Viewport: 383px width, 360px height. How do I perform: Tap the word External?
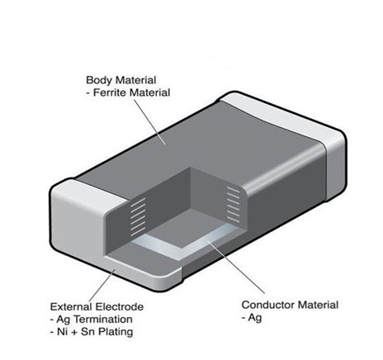[71, 306]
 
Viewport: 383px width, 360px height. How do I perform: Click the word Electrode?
[119, 306]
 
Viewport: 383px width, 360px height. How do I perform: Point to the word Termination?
[103, 320]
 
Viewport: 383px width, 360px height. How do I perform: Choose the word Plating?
[116, 332]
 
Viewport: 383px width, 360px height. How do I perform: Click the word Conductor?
[268, 305]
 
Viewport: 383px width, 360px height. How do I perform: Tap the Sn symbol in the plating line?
[87, 332]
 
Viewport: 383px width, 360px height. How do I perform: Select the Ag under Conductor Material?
[254, 318]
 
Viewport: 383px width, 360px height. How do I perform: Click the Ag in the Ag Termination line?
[64, 320]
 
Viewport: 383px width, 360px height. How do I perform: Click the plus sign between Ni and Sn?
[73, 332]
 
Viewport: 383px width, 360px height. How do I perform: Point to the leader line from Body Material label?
[149, 122]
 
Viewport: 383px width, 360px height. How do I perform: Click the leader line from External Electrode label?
[102, 286]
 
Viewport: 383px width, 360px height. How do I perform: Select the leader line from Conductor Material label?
[235, 268]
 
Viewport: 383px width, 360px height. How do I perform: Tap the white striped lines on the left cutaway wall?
[138, 217]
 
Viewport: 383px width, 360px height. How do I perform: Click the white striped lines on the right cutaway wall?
[234, 204]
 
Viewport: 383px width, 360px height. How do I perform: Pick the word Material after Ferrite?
[150, 92]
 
